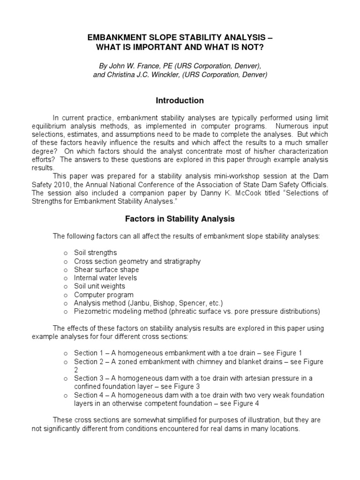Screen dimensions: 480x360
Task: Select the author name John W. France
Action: point(133,65)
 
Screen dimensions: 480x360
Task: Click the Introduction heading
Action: point(180,100)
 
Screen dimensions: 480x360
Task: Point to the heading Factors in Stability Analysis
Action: point(180,218)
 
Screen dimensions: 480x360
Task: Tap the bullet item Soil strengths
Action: point(95,253)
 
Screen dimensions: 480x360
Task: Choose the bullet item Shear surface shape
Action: point(106,270)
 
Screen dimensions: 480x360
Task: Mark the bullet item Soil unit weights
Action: point(99,286)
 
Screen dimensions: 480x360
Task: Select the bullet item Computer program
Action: point(104,295)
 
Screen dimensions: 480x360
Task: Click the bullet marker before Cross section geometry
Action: point(66,262)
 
